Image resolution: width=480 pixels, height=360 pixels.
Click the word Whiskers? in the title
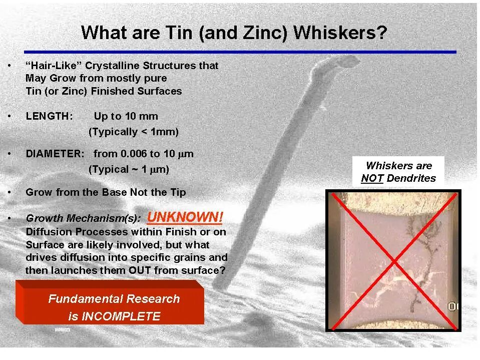[340, 33]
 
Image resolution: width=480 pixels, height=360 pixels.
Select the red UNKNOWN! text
[185, 217]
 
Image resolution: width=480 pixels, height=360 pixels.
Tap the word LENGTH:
[49, 116]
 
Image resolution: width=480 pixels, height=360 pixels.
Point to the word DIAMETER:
[55, 154]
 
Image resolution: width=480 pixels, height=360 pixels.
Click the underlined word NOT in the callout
[372, 178]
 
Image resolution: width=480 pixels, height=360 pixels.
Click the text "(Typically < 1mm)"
[133, 132]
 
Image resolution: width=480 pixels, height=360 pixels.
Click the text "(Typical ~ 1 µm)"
[129, 169]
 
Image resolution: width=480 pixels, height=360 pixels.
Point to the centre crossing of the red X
[393, 260]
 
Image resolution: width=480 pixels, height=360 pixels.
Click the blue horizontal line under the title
[240, 52]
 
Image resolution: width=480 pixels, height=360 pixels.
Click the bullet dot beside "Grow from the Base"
[11, 192]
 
